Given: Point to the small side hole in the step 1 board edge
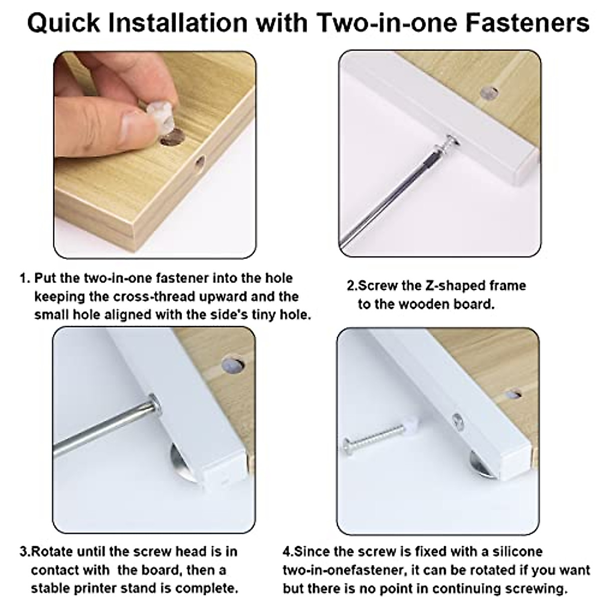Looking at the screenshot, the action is (x=200, y=162).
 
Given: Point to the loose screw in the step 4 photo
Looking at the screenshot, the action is (x=374, y=435).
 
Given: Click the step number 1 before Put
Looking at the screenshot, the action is (x=23, y=278).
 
